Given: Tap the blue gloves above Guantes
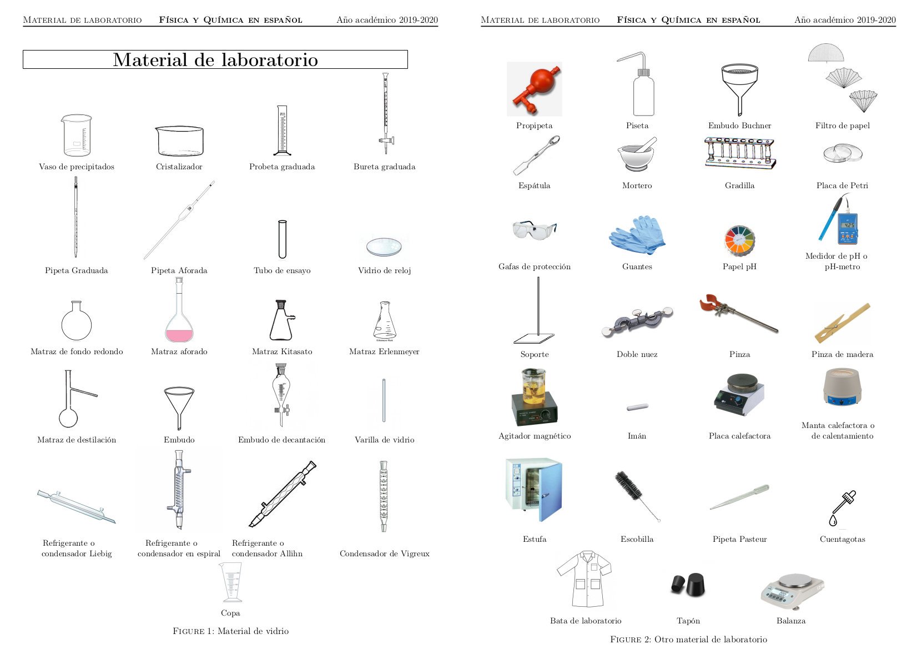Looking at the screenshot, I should (637, 234).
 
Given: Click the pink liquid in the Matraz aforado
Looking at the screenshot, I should (179, 335).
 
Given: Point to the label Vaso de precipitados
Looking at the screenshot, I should (77, 167).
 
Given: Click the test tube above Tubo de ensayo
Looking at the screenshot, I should (282, 239).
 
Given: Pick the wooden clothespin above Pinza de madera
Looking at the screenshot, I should (842, 323).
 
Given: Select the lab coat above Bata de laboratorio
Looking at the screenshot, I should (585, 580).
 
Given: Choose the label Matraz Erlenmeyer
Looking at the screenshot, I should (384, 351).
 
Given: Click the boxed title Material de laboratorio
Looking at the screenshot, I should (215, 60).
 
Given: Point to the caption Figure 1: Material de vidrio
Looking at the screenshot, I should (230, 631).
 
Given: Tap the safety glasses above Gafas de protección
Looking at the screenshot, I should (534, 229).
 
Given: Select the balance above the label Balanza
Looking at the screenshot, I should (792, 591).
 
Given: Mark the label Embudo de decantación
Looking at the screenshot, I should (281, 440).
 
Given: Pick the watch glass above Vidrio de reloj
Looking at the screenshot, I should (384, 246).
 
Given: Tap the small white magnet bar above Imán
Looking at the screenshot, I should (637, 407).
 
